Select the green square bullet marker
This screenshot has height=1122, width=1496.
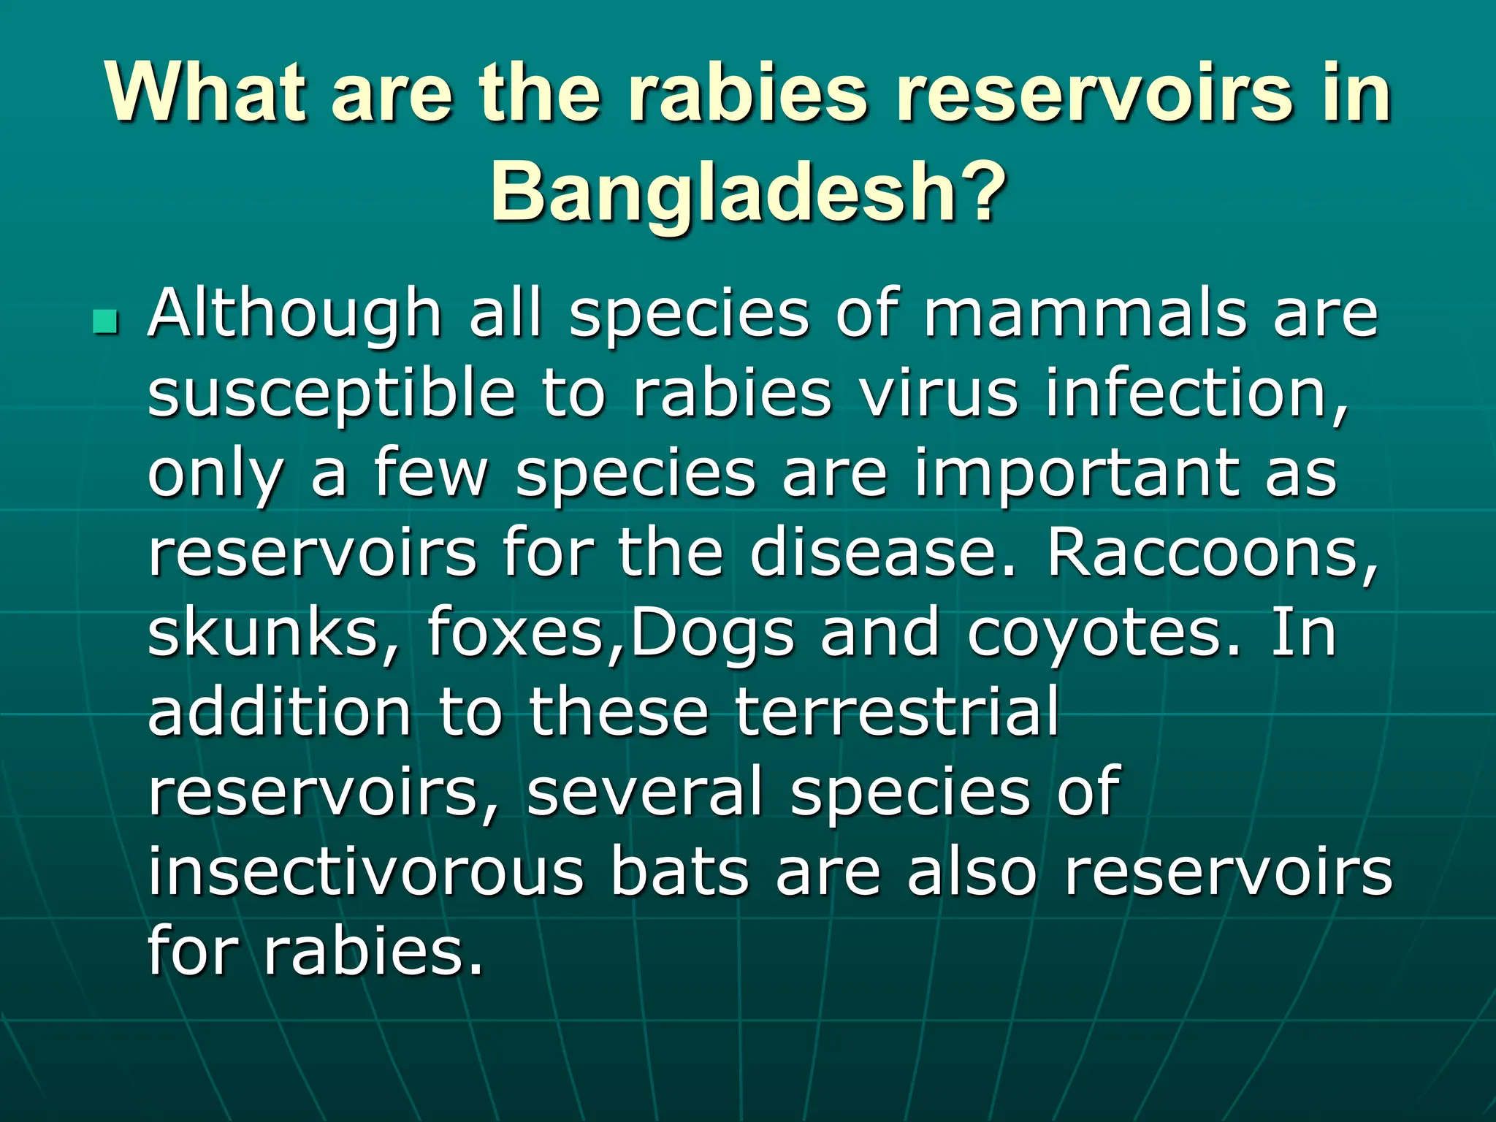(x=106, y=321)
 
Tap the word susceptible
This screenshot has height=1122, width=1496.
(x=331, y=394)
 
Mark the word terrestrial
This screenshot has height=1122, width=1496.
(x=897, y=711)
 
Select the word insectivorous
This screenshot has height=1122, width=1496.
(x=365, y=871)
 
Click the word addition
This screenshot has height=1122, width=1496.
(x=280, y=711)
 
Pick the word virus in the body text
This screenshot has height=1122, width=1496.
(x=939, y=394)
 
